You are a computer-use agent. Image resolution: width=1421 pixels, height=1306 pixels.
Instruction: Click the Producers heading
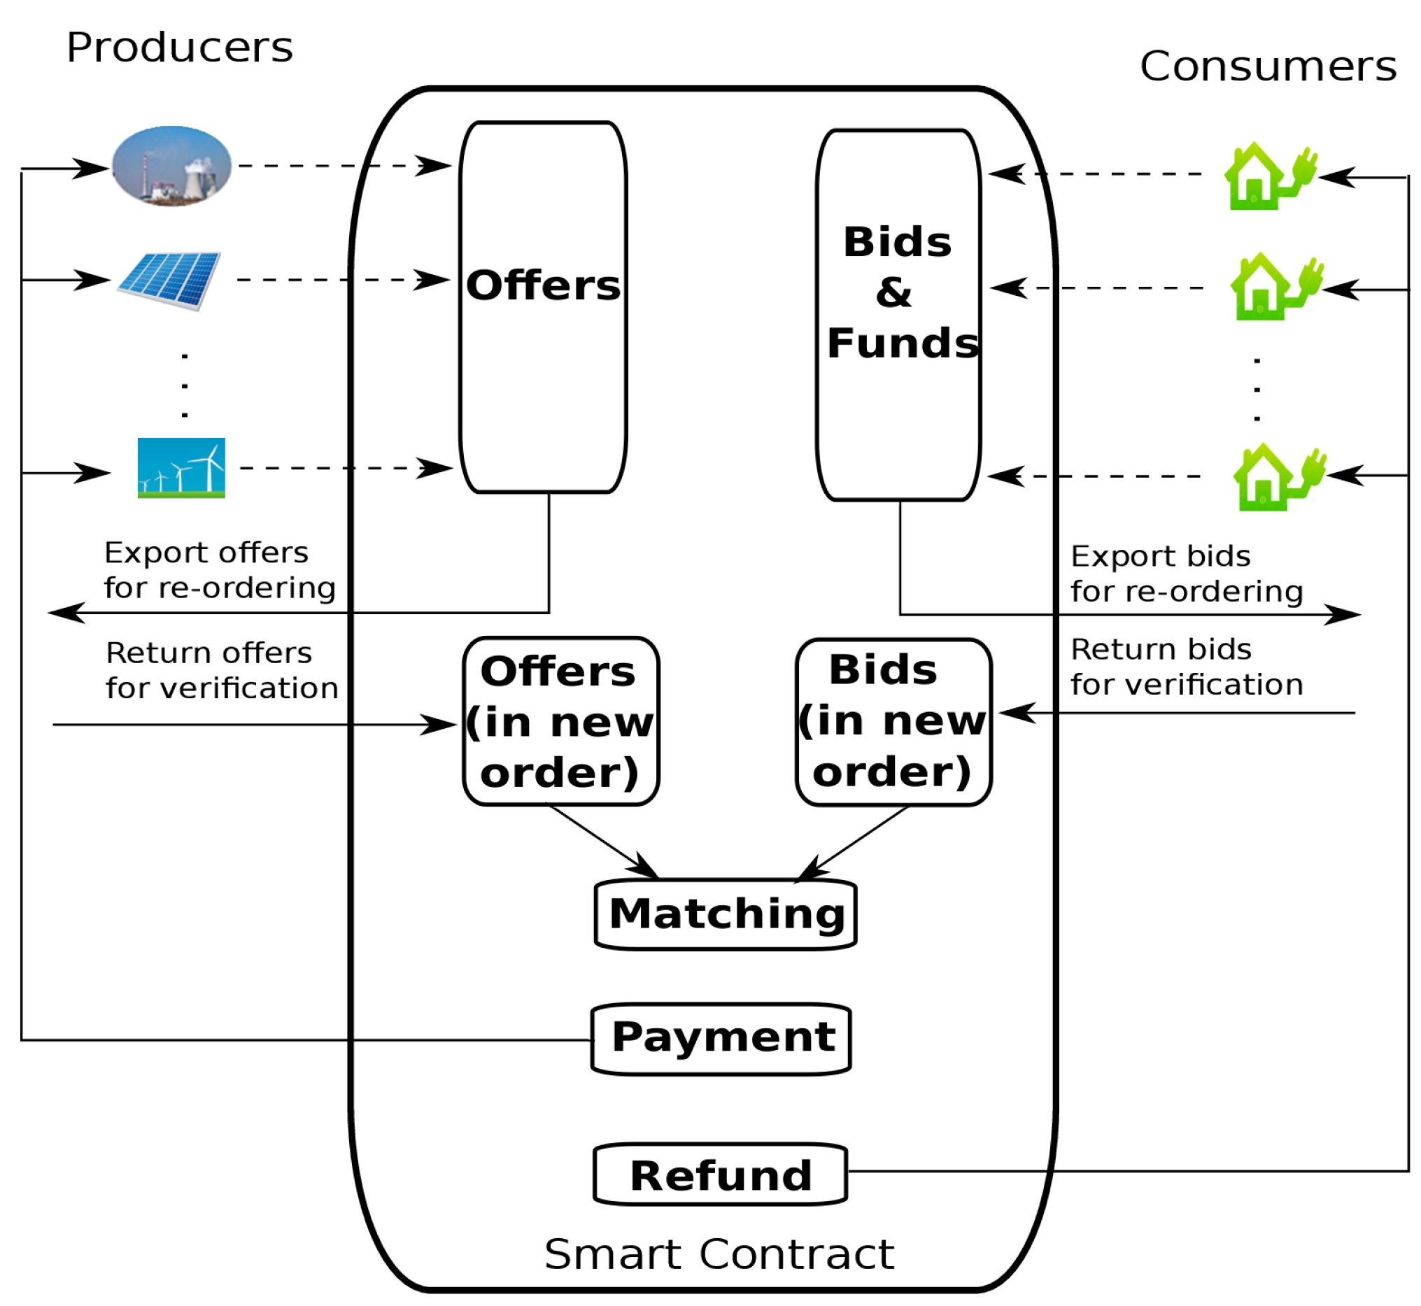click(x=179, y=48)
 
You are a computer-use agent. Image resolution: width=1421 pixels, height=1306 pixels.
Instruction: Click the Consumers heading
click(x=1267, y=66)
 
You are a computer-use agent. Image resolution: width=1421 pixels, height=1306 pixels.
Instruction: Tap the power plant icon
click(x=172, y=166)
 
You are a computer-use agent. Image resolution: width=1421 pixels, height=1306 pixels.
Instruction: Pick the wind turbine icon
click(x=181, y=467)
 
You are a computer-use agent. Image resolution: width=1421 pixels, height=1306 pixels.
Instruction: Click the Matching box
click(x=726, y=914)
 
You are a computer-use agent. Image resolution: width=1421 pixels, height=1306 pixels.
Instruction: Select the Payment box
click(x=721, y=1038)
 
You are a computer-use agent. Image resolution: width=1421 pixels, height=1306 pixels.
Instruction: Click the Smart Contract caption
click(x=719, y=1254)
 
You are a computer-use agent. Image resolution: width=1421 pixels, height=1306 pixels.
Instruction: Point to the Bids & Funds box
click(x=898, y=315)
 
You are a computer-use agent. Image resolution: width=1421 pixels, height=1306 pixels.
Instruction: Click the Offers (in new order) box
click(x=560, y=721)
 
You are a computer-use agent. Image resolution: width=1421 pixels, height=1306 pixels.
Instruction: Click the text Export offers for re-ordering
click(x=219, y=569)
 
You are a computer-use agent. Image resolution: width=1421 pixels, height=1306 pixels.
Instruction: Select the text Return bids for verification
click(x=1186, y=667)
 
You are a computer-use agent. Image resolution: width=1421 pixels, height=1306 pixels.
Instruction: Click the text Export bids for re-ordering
click(x=1186, y=573)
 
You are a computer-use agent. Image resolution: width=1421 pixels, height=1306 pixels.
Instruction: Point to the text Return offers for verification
click(x=221, y=670)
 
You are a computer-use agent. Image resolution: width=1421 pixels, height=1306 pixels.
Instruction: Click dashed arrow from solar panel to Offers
click(x=339, y=280)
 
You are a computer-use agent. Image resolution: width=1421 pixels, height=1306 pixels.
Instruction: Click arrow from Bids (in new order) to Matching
click(x=856, y=842)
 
